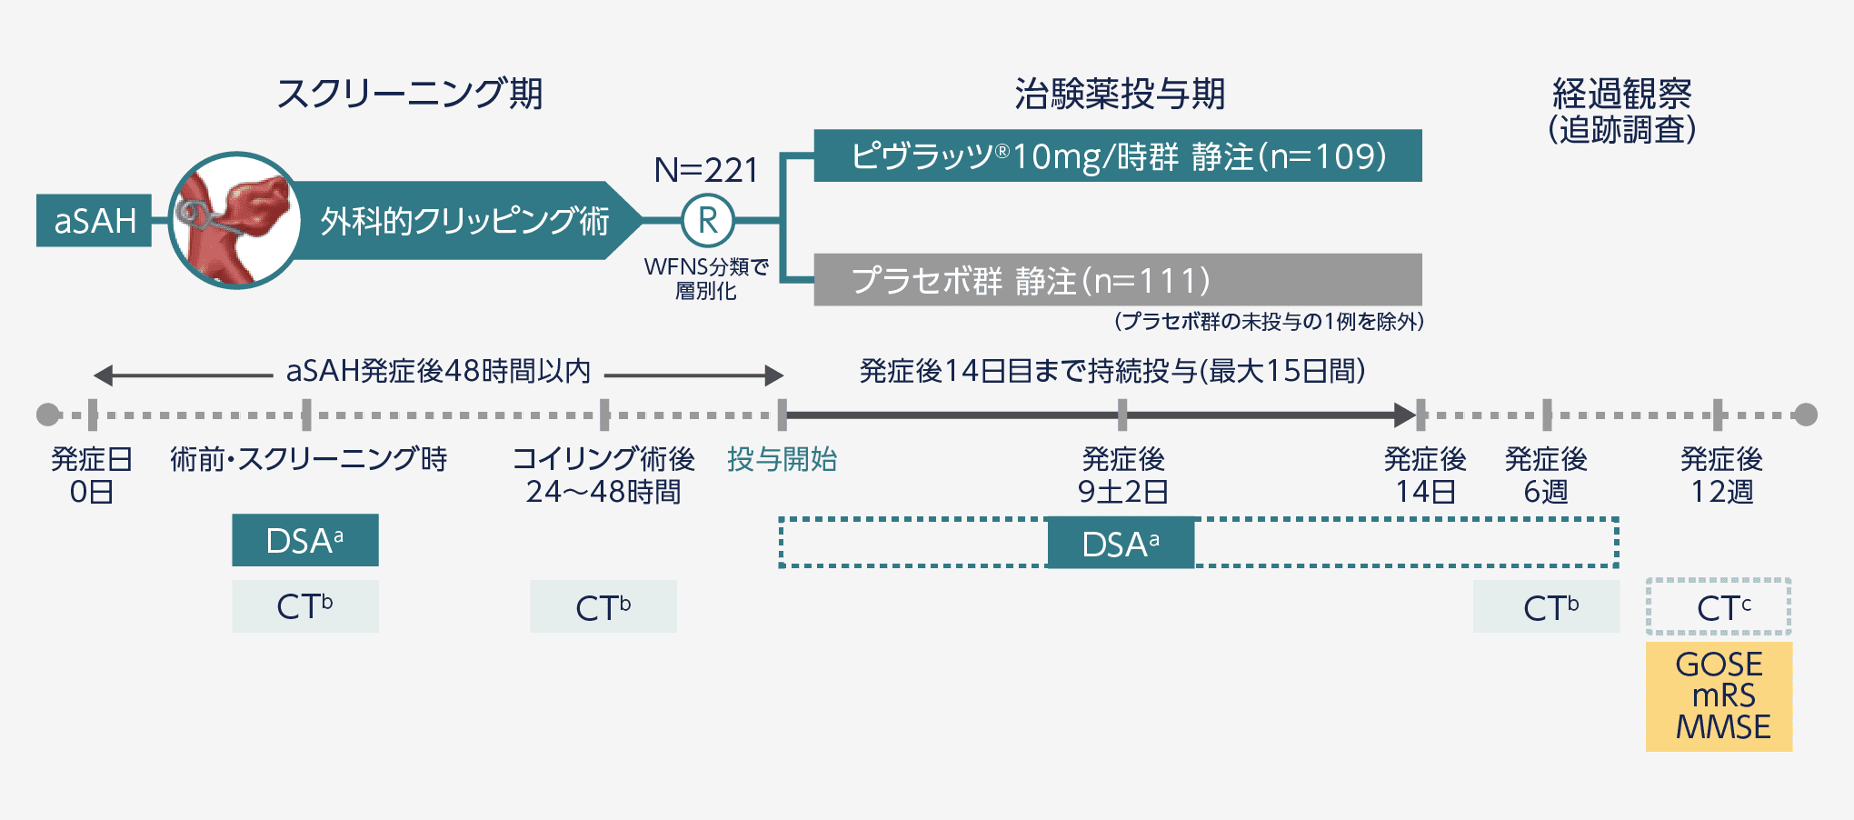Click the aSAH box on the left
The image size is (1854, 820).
pos(94,220)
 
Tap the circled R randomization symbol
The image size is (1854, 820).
pos(708,220)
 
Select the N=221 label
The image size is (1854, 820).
pos(706,170)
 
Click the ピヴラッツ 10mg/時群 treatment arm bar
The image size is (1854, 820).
pos(1118,155)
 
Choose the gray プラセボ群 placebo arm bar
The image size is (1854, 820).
pos(1118,280)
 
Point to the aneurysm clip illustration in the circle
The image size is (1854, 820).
pos(235,220)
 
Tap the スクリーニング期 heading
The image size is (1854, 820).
pos(410,94)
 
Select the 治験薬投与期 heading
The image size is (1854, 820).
pos(1120,94)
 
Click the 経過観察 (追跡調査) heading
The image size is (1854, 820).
pos(1622,111)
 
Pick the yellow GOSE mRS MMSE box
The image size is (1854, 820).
pos(1719,696)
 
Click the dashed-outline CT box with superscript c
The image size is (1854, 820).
pos(1719,606)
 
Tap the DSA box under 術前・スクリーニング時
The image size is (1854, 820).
pos(305,540)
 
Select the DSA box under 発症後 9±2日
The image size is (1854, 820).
pos(1121,543)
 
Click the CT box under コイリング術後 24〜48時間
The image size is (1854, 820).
pos(603,606)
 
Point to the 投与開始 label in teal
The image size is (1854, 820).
pos(782,459)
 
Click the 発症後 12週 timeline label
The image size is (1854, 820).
pos(1721,475)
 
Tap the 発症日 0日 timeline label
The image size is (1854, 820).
pos(92,475)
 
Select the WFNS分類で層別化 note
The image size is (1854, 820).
pos(706,278)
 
